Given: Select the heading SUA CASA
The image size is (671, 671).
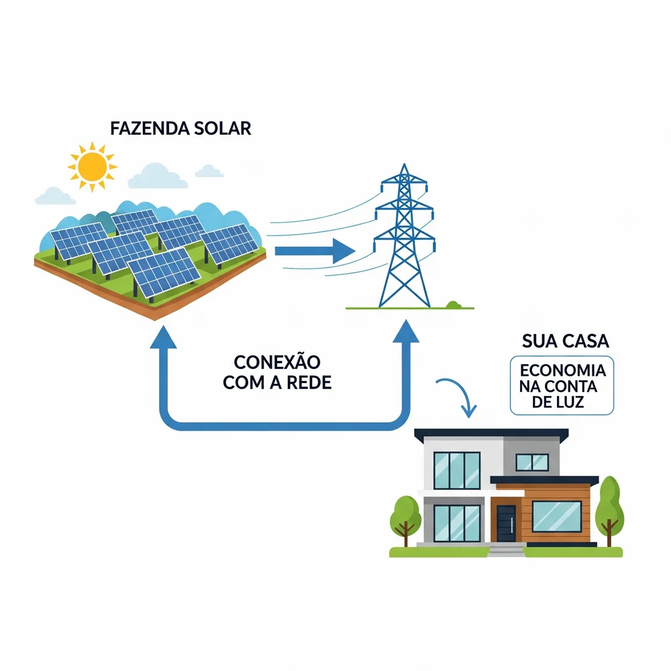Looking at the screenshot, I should click(565, 341).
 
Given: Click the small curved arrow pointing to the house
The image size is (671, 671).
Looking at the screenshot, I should click(459, 396).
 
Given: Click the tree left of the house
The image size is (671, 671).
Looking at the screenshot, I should click(405, 517).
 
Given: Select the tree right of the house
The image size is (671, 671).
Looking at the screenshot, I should click(609, 507).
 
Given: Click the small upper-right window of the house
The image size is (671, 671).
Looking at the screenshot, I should click(531, 462).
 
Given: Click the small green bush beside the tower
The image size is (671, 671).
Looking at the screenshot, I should click(454, 305).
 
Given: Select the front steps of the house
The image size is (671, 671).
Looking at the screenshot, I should click(506, 550).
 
